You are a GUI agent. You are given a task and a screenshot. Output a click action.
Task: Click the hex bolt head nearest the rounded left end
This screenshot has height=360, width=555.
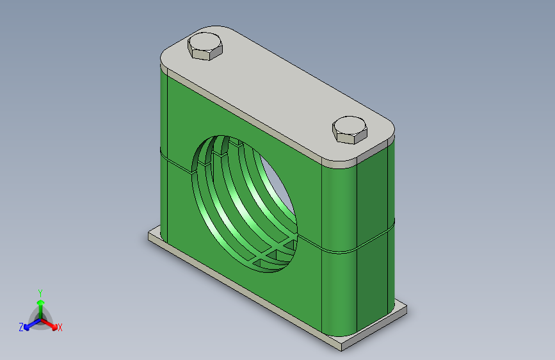(205, 46)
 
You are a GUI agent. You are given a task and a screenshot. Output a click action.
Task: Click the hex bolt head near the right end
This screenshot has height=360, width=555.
(350, 129)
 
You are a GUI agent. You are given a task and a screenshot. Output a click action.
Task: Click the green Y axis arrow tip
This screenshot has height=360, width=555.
(41, 302)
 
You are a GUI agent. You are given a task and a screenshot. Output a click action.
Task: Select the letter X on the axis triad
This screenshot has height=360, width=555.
(60, 328)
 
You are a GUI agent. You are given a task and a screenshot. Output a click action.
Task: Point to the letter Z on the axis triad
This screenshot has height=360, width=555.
(21, 327)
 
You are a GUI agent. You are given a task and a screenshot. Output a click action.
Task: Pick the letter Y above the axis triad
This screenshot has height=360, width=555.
(40, 293)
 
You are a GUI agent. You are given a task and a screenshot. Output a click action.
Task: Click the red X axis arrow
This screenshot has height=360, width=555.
(49, 324)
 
